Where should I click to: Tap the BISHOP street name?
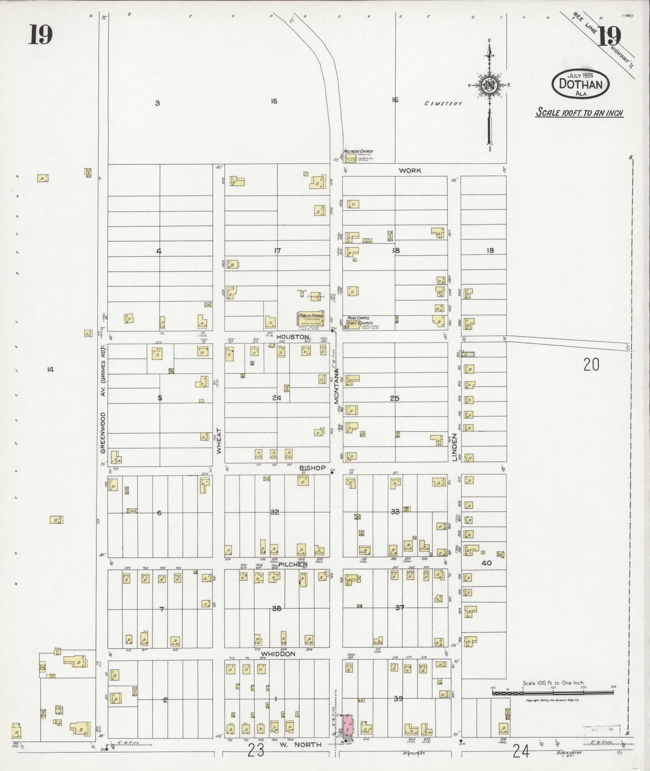click(312, 468)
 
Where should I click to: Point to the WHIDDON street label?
click(278, 654)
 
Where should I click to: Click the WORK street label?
click(410, 170)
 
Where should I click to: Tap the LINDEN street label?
click(455, 447)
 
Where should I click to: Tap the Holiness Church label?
click(358, 151)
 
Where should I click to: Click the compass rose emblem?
click(489, 85)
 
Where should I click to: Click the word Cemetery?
click(443, 104)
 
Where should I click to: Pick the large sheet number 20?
click(591, 365)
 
